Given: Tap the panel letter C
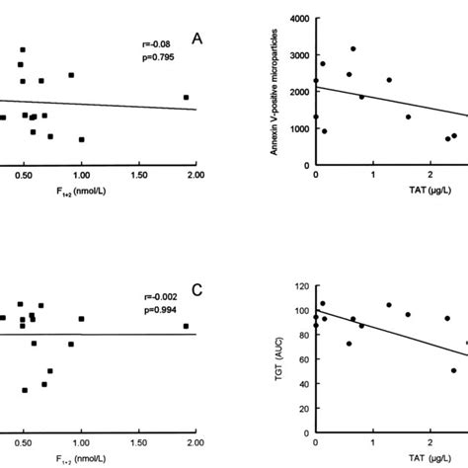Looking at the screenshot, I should (197, 289).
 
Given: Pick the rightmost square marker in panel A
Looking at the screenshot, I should (186, 97).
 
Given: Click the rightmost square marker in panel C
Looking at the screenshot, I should (186, 326).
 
